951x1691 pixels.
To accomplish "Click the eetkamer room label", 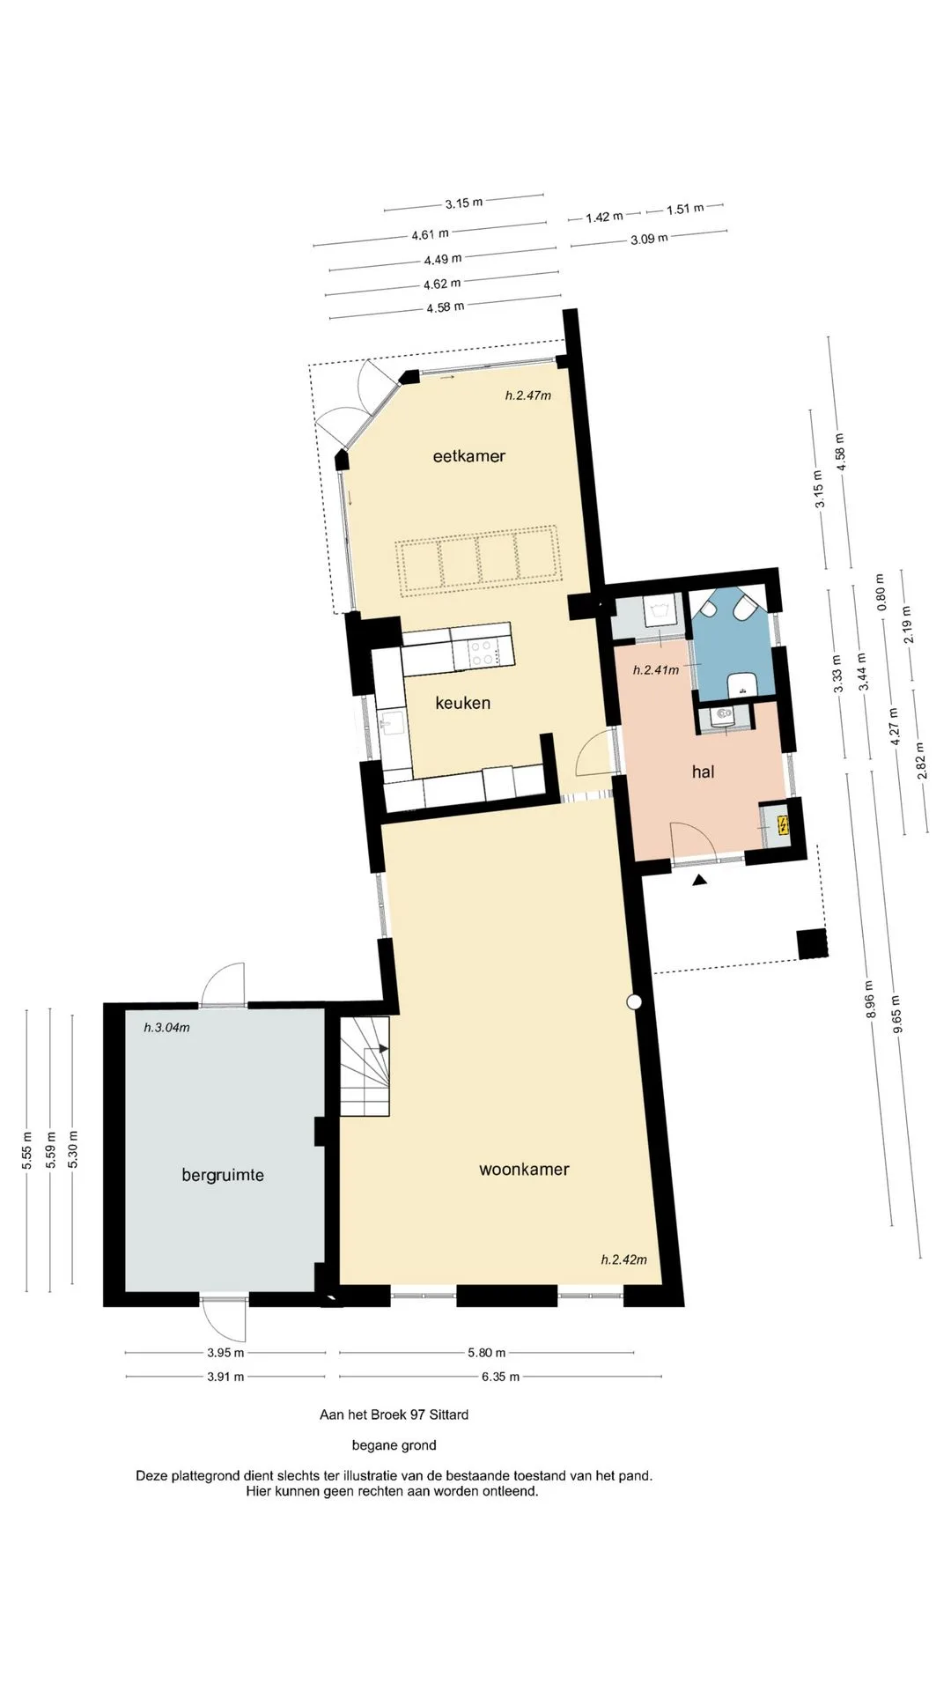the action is coord(469,455).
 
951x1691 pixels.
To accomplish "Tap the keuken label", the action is coord(462,703).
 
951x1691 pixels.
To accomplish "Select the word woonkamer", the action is coord(524,1170).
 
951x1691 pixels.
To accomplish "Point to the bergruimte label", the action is coord(223,1175).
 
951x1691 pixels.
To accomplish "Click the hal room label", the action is coord(703,772).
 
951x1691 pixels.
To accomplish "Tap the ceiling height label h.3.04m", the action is coord(166,1027).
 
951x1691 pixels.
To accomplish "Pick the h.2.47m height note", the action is coord(528,395).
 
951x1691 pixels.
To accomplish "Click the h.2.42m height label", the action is coord(624,1259).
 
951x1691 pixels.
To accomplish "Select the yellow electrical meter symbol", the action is coord(783,825).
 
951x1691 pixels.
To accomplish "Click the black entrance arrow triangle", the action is coord(700,880).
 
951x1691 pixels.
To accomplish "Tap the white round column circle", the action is coord(634,1001).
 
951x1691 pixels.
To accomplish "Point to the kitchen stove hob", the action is coord(483,652).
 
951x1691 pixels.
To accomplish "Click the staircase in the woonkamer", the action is coord(365,1066).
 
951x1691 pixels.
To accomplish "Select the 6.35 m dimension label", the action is coord(500,1377).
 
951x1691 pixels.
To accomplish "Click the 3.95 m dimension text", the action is coord(225,1353).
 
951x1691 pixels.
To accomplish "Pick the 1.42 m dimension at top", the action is coord(604,217).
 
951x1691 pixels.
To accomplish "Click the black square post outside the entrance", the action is coord(813,943).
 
